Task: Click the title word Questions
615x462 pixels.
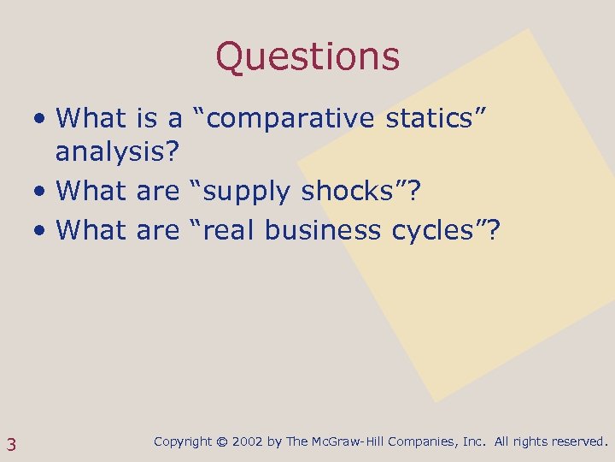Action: click(307, 56)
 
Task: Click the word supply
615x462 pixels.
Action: click(249, 192)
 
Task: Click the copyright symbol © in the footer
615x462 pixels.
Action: click(222, 442)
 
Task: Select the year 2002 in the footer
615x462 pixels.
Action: click(247, 442)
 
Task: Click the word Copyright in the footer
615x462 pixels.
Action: click(183, 442)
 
